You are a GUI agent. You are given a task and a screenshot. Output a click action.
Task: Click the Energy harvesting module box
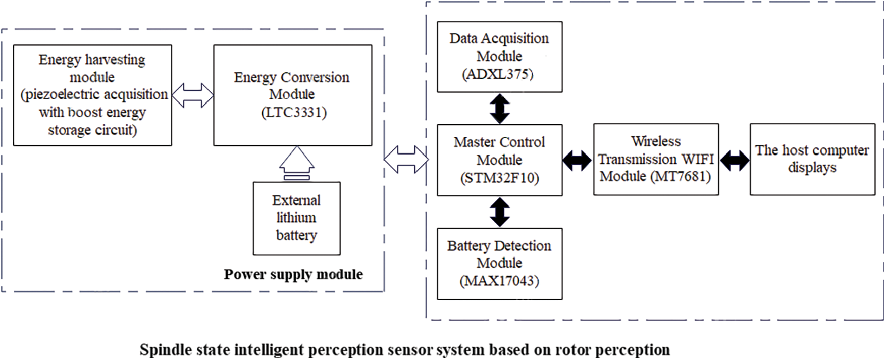(92, 95)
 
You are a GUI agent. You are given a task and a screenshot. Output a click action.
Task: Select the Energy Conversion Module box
(292, 95)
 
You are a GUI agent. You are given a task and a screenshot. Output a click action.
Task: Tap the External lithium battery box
(296, 218)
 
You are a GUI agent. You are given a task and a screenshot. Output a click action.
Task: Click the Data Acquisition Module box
(499, 57)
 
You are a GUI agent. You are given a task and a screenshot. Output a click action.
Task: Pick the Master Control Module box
(499, 160)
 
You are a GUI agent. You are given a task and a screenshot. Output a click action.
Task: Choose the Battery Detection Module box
(499, 264)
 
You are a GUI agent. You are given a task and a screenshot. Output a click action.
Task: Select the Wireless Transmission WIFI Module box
(656, 160)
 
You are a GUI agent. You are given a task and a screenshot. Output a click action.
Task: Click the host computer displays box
(812, 160)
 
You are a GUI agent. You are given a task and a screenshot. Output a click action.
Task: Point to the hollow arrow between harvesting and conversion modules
(192, 95)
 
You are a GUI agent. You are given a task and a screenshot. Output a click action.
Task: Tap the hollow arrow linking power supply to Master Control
(406, 160)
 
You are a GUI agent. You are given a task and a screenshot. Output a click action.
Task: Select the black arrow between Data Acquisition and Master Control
(500, 109)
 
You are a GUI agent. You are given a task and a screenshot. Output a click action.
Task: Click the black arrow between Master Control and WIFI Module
(578, 161)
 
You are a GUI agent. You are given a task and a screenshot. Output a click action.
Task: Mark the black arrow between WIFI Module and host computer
(735, 161)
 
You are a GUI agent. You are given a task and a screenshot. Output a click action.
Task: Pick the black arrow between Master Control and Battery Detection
(500, 212)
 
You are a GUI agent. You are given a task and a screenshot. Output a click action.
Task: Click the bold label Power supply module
(293, 275)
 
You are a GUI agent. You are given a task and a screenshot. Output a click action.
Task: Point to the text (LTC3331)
(293, 112)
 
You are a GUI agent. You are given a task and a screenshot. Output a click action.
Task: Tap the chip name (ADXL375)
(498, 74)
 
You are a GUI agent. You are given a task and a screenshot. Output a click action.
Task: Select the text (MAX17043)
(499, 281)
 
